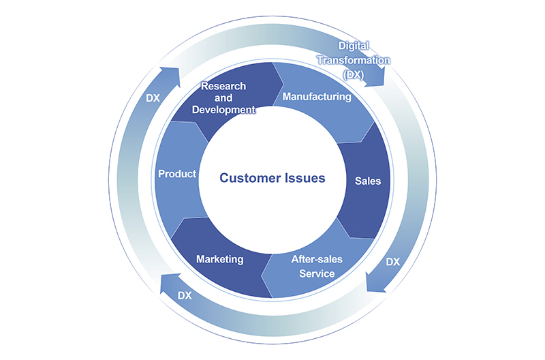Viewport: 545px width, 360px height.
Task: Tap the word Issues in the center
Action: click(x=305, y=178)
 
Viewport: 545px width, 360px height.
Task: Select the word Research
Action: click(x=223, y=87)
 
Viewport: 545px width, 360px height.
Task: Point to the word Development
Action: click(x=223, y=109)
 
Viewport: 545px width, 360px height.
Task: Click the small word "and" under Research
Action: click(x=223, y=98)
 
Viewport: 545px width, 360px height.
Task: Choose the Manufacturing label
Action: click(x=316, y=97)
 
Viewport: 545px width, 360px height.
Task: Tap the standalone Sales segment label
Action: click(x=368, y=181)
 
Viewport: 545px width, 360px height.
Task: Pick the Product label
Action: click(x=177, y=174)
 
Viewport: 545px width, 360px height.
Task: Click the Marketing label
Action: click(x=219, y=260)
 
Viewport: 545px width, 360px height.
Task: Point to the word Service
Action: click(x=317, y=273)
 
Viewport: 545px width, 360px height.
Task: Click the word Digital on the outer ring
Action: click(x=354, y=47)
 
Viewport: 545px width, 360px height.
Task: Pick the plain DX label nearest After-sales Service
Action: click(x=393, y=262)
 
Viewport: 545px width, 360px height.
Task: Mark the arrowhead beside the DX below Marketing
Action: click(x=167, y=284)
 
